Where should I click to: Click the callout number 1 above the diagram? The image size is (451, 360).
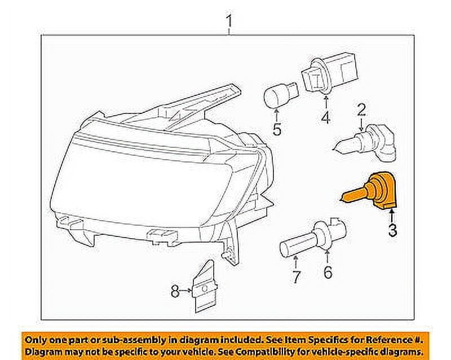[229, 23]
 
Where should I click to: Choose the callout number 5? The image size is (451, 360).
[277, 129]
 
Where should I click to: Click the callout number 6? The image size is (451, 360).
[328, 272]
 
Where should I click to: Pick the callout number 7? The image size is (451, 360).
[296, 276]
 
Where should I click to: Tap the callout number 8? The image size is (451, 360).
[175, 291]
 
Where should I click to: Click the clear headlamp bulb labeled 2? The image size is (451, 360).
[366, 142]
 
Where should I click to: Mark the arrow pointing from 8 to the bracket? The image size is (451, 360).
[187, 291]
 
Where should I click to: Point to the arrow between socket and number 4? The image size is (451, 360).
[325, 102]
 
